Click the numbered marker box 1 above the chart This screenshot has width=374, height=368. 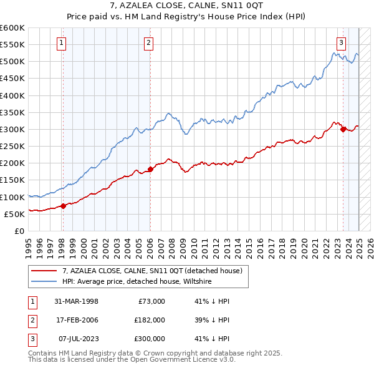click(62, 43)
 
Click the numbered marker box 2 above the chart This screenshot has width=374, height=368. click(150, 43)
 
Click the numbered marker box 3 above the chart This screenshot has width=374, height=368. click(342, 43)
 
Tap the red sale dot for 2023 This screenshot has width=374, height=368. click(343, 130)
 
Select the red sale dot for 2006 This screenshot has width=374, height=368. click(150, 169)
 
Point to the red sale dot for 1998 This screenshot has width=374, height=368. click(63, 206)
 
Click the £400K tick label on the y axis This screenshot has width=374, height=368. click(12, 95)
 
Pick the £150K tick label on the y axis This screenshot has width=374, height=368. click(12, 180)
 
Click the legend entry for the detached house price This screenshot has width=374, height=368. click(156, 271)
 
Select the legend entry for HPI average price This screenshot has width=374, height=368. click(137, 282)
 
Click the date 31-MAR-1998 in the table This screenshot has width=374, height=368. click(76, 301)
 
